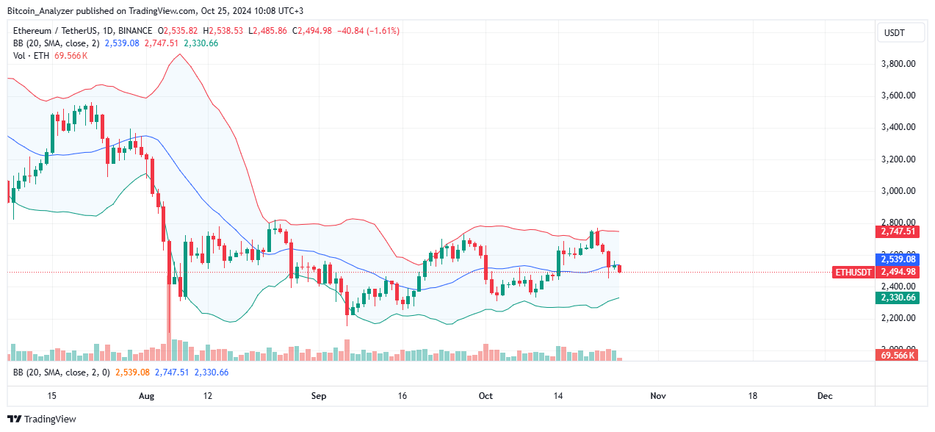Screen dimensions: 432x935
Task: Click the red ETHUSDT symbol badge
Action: pos(854,273)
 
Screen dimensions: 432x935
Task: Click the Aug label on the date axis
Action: pos(146,396)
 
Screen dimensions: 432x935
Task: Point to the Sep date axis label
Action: pos(318,396)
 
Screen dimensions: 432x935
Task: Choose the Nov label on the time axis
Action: pos(657,396)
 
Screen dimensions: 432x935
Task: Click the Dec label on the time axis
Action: pos(825,396)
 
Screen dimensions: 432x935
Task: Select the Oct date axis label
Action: pos(486,396)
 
